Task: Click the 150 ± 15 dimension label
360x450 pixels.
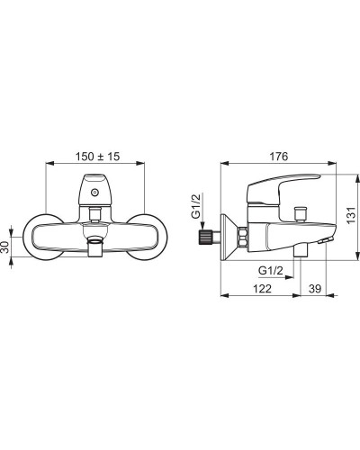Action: (x=97, y=157)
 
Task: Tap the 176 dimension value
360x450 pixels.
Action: (x=279, y=157)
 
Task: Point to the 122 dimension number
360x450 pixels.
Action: (x=262, y=289)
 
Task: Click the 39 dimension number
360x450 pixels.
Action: (x=315, y=289)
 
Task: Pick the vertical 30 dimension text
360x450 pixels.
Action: (x=5, y=247)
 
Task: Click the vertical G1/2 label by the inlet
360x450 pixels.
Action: (x=195, y=206)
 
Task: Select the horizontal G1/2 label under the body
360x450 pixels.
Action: (x=271, y=271)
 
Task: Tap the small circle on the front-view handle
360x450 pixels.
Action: (x=95, y=192)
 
